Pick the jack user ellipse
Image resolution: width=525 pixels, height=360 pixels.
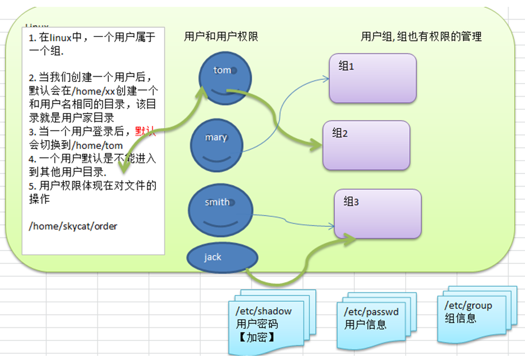[x=222, y=257]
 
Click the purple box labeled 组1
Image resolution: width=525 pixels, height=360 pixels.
[x=372, y=78]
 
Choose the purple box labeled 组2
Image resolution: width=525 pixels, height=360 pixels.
[x=366, y=145]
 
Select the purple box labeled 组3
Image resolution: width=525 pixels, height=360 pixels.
[x=377, y=213]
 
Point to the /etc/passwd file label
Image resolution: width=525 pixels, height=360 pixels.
[x=371, y=312]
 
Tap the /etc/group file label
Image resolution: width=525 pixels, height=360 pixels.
[x=468, y=306]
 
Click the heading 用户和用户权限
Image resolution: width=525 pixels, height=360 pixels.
[x=221, y=36]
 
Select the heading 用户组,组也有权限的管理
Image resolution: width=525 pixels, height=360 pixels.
[x=421, y=36]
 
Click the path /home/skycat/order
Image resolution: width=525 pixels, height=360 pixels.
[x=73, y=226]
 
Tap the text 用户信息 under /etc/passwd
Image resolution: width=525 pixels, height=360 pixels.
[x=365, y=325]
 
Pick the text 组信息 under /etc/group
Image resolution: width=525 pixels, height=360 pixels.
[x=461, y=318]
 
